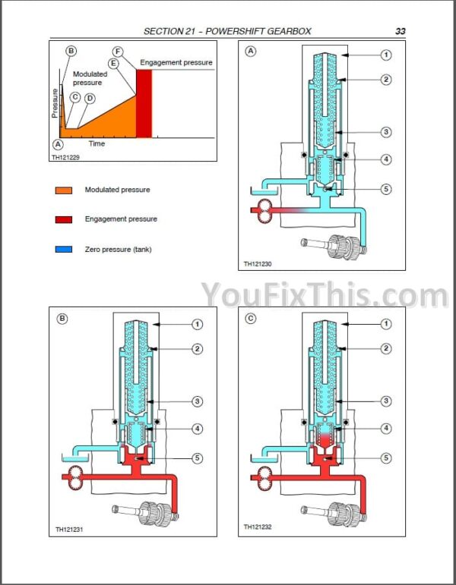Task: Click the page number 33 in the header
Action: point(400,31)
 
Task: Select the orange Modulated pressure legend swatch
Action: point(63,190)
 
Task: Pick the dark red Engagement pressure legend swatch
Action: point(63,219)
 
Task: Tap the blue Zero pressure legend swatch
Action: point(63,249)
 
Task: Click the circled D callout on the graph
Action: point(90,98)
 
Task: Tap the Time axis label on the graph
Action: point(97,143)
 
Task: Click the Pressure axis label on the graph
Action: point(55,102)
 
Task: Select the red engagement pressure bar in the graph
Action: point(144,102)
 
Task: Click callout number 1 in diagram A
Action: point(386,55)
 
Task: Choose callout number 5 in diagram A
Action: point(386,190)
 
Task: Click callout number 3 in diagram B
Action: point(197,401)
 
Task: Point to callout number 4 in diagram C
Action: point(386,429)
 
